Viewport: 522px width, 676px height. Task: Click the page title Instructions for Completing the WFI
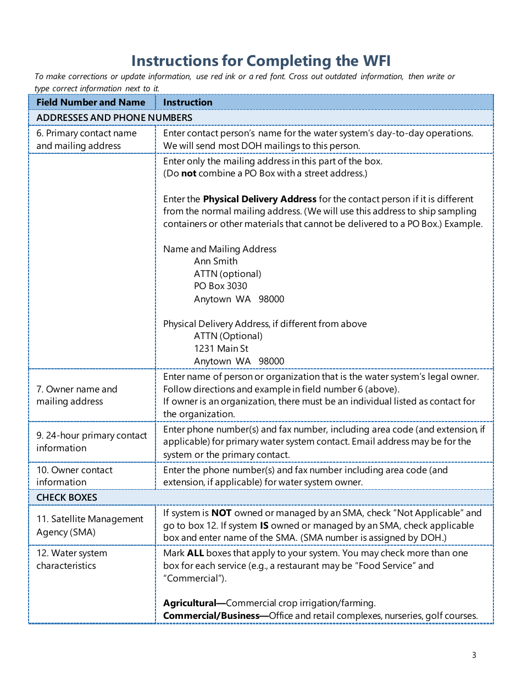click(x=261, y=60)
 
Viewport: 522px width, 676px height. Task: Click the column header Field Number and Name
click(x=91, y=102)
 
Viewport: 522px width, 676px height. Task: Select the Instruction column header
click(x=187, y=102)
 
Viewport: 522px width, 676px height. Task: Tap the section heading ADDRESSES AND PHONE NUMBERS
click(x=114, y=118)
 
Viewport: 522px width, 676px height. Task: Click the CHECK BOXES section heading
click(x=66, y=497)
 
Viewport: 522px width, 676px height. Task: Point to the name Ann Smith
click(x=215, y=261)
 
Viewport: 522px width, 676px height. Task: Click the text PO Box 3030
click(x=220, y=286)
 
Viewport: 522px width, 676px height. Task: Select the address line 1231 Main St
click(x=221, y=348)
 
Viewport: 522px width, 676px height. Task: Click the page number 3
click(x=474, y=655)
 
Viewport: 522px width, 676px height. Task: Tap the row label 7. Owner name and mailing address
click(x=77, y=395)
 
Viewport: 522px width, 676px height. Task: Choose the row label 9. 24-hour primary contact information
click(x=91, y=441)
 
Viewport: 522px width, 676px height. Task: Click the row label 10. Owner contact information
click(x=74, y=476)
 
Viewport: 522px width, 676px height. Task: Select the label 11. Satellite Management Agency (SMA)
click(x=90, y=525)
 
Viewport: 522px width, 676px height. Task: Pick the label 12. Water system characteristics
click(x=71, y=559)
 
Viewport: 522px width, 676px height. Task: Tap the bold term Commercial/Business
click(x=211, y=616)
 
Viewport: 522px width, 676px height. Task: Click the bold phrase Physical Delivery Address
click(x=259, y=199)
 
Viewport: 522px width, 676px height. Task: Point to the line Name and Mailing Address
click(x=219, y=249)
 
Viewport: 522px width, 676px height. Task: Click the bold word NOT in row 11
click(x=221, y=513)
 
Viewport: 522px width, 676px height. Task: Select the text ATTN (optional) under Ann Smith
click(x=227, y=274)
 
